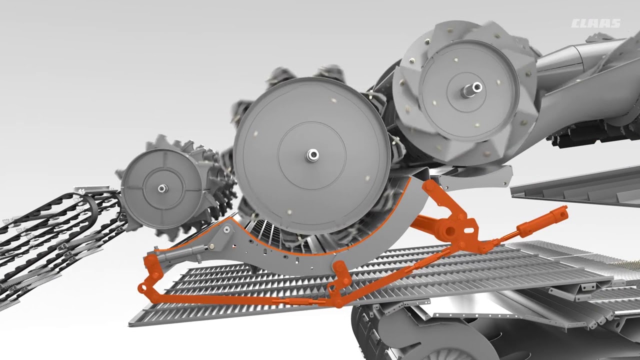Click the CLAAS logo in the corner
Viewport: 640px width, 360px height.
point(595,23)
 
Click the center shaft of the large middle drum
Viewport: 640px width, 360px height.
point(312,155)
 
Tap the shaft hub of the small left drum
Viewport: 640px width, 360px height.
point(162,188)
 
